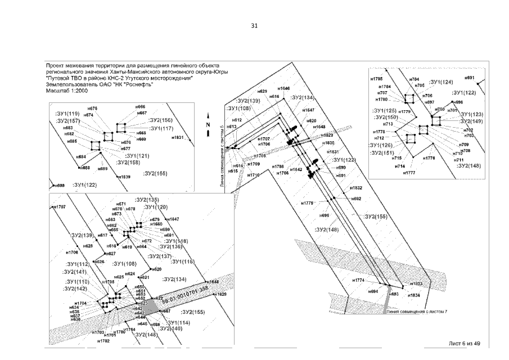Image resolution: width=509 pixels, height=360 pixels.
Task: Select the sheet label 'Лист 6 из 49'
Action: [464, 343]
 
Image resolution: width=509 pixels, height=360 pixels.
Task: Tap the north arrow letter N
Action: [208, 124]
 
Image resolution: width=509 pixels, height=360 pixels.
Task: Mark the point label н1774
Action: [359, 280]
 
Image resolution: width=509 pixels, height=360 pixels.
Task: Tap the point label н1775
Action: [307, 203]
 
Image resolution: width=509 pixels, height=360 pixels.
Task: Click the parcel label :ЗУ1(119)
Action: [68, 114]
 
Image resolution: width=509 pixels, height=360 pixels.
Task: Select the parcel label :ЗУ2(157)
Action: [69, 121]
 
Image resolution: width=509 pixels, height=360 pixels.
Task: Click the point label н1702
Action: [103, 341]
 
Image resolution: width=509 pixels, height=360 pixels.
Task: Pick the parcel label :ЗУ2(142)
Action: [75, 289]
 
